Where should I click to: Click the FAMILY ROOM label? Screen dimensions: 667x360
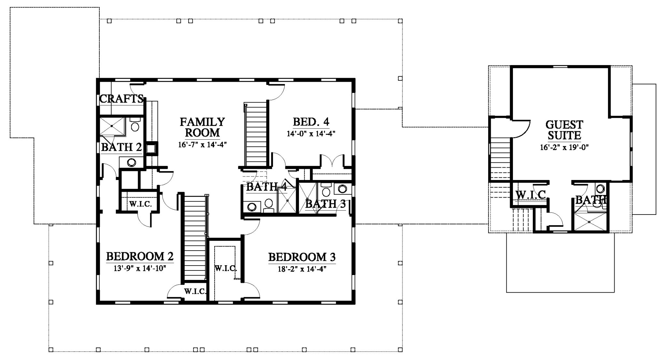pos(202,127)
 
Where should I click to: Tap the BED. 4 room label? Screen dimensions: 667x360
pos(311,122)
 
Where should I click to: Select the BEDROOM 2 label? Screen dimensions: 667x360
pos(140,256)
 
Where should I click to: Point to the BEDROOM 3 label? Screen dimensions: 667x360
pos(302,257)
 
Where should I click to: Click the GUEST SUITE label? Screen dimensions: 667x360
pos(564,130)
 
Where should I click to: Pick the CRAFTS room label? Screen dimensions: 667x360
pos(121,99)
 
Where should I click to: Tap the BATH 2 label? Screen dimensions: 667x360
pos(121,147)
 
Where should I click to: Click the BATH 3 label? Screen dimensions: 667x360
pos(325,204)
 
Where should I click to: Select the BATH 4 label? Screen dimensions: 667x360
pos(267,187)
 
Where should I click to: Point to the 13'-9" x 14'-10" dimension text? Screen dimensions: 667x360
pos(140,269)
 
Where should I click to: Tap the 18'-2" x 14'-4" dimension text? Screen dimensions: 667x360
pos(302,269)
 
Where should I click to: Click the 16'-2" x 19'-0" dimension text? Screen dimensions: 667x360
pos(564,147)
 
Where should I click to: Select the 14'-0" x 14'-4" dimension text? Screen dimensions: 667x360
pos(311,134)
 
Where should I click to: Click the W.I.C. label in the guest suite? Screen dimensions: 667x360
pos(531,195)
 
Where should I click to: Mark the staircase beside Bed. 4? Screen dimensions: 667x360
pos(256,134)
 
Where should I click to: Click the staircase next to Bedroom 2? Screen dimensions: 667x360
pos(194,237)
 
